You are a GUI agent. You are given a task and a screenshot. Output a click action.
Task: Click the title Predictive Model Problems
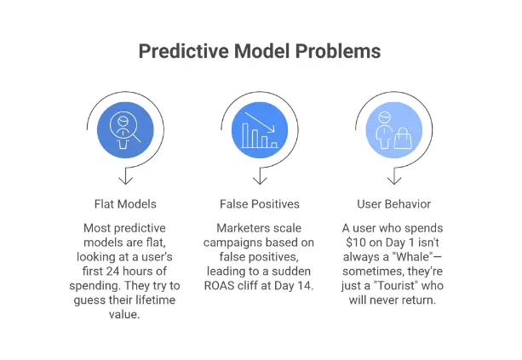(x=260, y=51)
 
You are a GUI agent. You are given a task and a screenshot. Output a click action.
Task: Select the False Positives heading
(x=259, y=204)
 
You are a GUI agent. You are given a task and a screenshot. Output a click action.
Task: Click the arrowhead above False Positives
(x=259, y=179)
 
